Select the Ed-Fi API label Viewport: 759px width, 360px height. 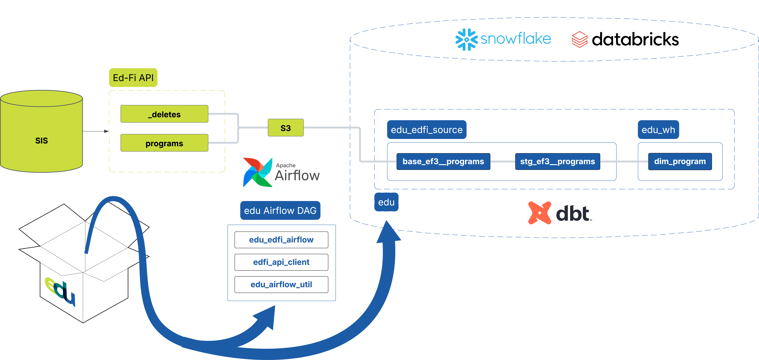[x=133, y=78]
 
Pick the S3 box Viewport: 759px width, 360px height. [x=286, y=128]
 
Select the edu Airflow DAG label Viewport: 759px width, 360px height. [x=280, y=210]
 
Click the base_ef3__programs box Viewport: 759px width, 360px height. [x=443, y=161]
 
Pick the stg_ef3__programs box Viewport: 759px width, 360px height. [x=557, y=161]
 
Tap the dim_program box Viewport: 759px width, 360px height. [x=680, y=161]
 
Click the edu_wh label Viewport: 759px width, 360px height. [x=658, y=130]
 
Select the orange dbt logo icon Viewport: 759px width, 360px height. [x=539, y=213]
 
